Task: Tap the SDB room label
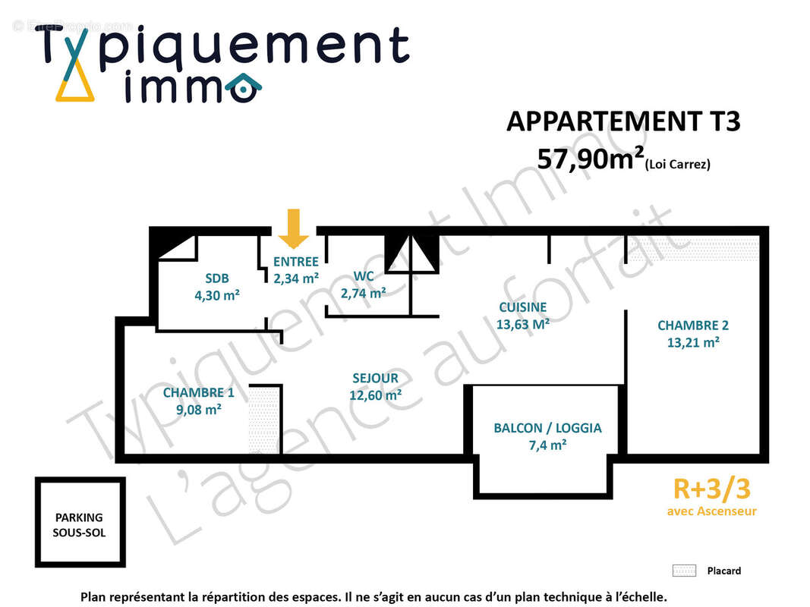pyautogui.click(x=216, y=278)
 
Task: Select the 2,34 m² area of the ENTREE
pyautogui.click(x=296, y=278)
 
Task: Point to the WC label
pyautogui.click(x=364, y=276)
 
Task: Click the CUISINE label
pyautogui.click(x=522, y=307)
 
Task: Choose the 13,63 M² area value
pyautogui.click(x=522, y=324)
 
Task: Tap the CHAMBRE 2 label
pyautogui.click(x=692, y=326)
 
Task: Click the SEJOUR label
pyautogui.click(x=375, y=378)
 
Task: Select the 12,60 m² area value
pyautogui.click(x=376, y=395)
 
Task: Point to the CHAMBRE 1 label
pyautogui.click(x=198, y=392)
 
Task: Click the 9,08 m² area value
pyautogui.click(x=198, y=410)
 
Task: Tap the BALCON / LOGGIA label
pyautogui.click(x=547, y=428)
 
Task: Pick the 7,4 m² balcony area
pyautogui.click(x=547, y=445)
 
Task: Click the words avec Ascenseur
pyautogui.click(x=711, y=511)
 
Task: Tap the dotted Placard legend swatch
pyautogui.click(x=684, y=571)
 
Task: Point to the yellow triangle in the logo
pyautogui.click(x=74, y=86)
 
